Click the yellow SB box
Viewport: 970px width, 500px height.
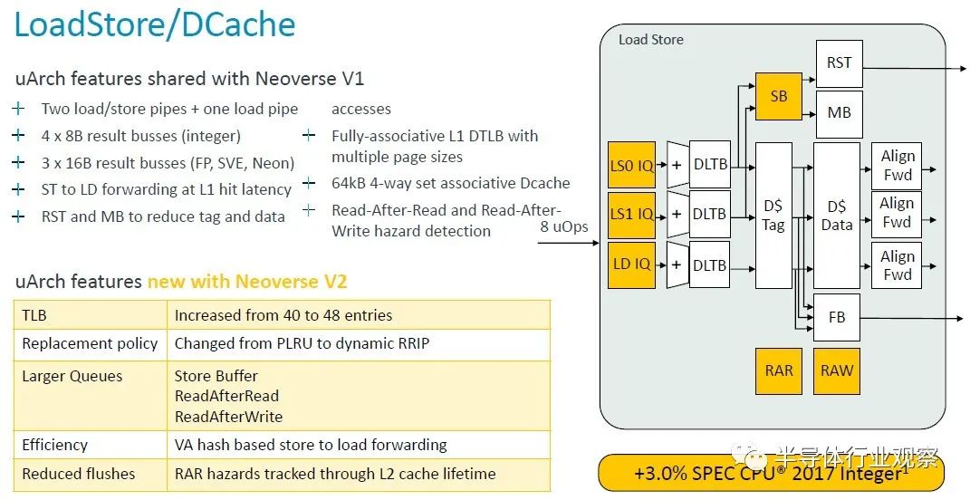coord(779,96)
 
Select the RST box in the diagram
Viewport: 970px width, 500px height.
coord(839,63)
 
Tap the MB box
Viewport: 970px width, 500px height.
coord(839,114)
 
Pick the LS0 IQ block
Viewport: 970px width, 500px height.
coord(631,165)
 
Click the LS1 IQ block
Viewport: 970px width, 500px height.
coord(631,215)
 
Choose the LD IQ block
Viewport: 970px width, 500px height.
coord(631,264)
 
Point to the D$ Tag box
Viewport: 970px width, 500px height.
coord(773,216)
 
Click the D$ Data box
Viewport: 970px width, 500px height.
coord(836,216)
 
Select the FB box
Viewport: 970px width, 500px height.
coord(836,317)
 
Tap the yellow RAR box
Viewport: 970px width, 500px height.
coord(779,370)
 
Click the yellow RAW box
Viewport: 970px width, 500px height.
coord(836,370)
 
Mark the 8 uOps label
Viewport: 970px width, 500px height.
coord(564,227)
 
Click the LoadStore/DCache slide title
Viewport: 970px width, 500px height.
coord(155,24)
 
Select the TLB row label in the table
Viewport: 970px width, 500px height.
coord(34,315)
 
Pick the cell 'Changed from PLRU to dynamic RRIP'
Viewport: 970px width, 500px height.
coord(302,343)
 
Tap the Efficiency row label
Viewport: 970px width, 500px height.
coord(54,445)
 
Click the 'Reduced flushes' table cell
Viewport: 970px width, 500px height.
coord(79,474)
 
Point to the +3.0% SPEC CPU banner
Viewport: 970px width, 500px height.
coord(772,474)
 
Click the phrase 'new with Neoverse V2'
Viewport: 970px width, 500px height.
coord(247,282)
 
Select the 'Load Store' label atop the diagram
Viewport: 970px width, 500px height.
coord(651,40)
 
